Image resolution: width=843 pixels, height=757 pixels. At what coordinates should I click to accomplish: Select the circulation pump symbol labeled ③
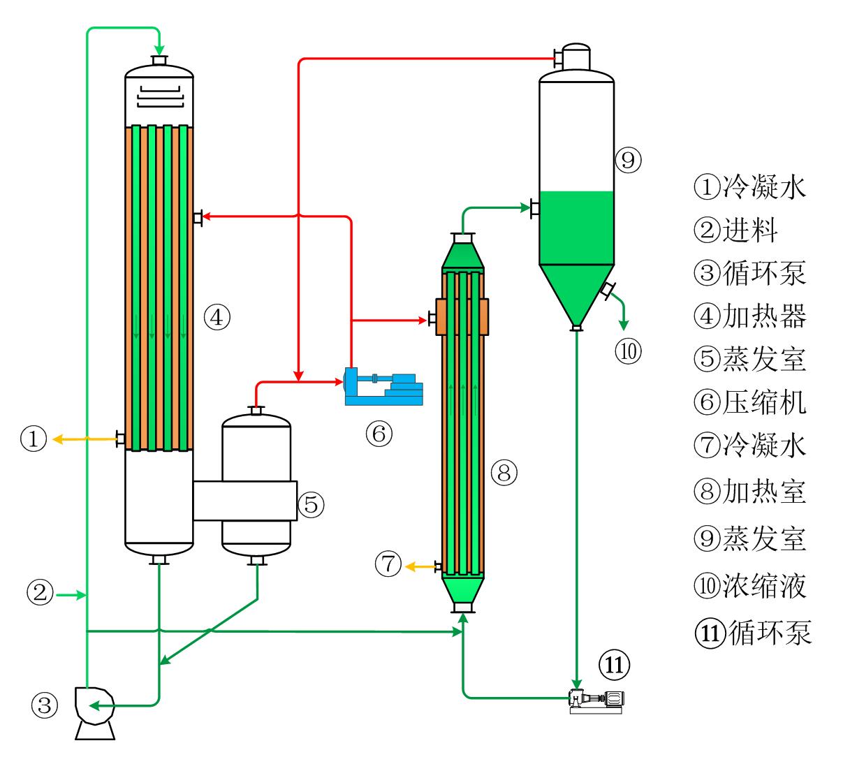pos(94,711)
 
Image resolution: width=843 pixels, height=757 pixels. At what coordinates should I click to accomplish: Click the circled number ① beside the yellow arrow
pos(34,439)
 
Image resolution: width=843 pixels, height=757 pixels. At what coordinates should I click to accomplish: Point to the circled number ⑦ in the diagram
pos(388,564)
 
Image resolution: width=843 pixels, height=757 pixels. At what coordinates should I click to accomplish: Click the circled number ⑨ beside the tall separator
pos(628,161)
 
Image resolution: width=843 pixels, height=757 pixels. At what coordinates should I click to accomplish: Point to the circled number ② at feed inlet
pos(40,594)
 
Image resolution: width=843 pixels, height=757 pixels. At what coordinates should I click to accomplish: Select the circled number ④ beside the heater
pos(217,318)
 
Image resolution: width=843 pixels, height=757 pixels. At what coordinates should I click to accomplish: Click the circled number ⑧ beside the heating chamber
pos(504,473)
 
